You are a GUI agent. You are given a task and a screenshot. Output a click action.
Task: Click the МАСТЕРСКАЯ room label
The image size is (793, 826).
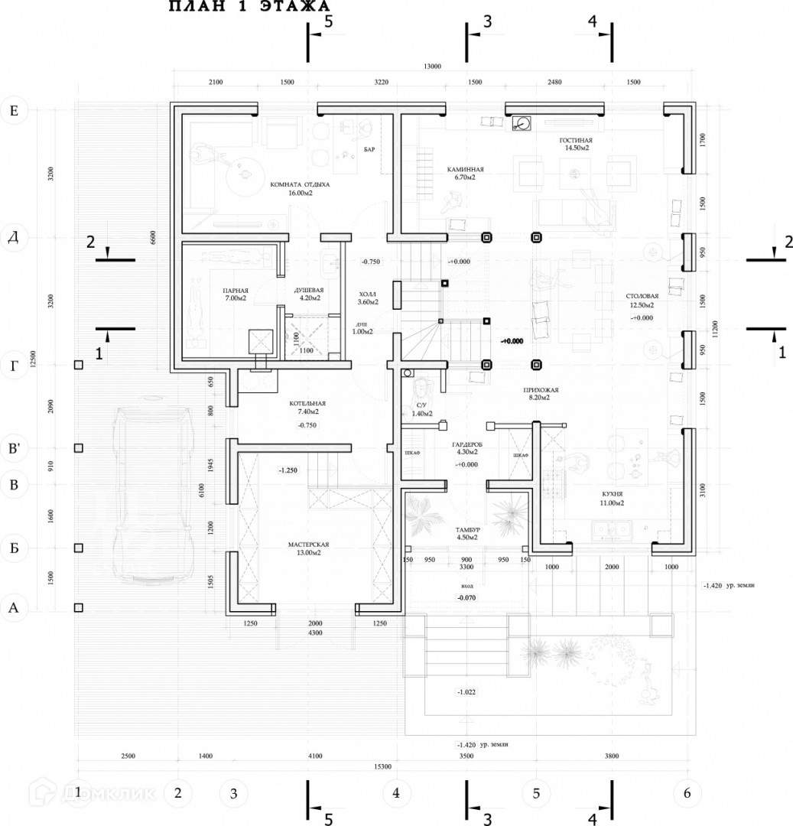coord(308,545)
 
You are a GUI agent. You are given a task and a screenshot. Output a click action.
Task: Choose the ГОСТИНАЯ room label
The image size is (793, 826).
coord(575,141)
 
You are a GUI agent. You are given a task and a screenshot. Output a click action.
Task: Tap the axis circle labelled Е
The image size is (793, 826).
coord(13,111)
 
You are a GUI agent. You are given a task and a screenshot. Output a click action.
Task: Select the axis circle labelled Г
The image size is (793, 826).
coord(13,366)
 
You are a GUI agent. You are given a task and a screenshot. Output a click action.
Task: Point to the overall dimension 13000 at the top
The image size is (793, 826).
coord(432,67)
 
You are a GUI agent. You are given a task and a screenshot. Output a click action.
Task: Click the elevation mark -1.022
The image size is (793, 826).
coord(466,692)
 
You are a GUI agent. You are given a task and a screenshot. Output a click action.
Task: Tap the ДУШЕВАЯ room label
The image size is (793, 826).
coord(309,291)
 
